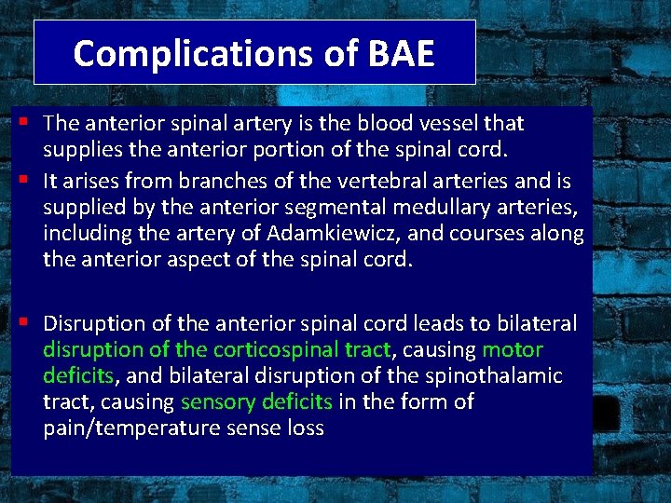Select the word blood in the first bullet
click(392, 123)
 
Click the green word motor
click(513, 349)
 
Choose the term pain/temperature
click(130, 428)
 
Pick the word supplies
click(83, 149)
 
